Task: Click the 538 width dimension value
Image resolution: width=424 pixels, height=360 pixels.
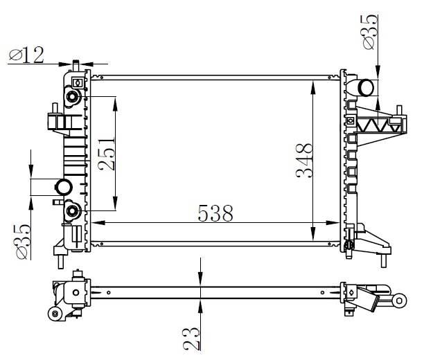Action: coord(215,213)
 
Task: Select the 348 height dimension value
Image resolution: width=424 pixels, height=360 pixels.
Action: coord(304,161)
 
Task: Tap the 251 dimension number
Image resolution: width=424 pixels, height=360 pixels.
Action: coord(107,154)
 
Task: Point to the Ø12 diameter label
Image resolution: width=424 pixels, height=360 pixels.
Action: coord(26,55)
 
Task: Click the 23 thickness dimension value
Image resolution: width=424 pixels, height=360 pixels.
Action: coord(191,339)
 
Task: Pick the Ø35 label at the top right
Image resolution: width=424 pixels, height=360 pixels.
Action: coord(370,32)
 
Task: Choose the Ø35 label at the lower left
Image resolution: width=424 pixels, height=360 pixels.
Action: coord(23,242)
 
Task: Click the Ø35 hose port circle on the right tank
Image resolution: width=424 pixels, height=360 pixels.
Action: coord(366,87)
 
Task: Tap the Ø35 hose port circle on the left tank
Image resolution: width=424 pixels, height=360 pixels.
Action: coord(64,187)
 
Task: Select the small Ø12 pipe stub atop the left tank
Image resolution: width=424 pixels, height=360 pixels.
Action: coord(76,66)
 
